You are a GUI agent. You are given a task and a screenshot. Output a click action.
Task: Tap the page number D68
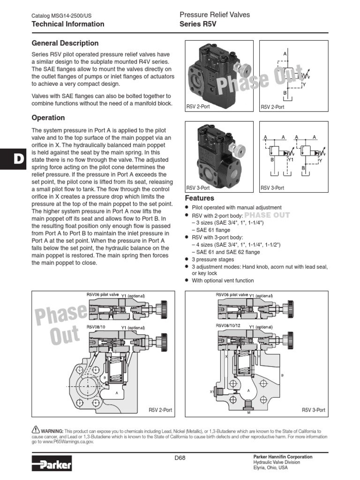tap(180, 458)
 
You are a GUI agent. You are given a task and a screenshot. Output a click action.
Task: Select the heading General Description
tap(65, 43)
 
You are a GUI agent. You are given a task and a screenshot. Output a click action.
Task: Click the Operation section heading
tap(48, 118)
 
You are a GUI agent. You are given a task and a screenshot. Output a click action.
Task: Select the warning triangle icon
tap(36, 430)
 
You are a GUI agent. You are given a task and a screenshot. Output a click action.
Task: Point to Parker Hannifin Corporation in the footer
tap(282, 457)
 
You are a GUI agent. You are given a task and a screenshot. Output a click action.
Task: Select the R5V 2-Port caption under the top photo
tap(198, 107)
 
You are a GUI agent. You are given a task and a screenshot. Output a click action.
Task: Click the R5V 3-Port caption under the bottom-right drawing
tap(314, 410)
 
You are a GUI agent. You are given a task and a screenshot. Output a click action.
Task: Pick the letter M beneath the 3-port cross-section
tap(248, 412)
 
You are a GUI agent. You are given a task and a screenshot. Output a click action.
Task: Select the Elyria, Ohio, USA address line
tap(270, 468)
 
